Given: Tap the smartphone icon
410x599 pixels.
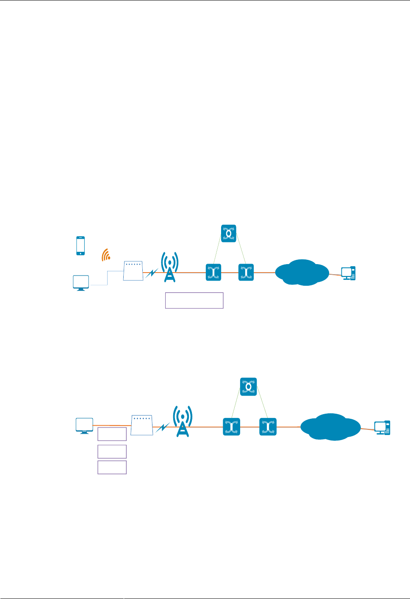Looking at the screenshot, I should [x=80, y=246].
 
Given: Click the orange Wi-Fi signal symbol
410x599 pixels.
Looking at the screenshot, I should [x=106, y=255].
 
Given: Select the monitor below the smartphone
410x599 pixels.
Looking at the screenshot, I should [x=81, y=283].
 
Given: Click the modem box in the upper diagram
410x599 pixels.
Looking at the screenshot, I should [x=133, y=271].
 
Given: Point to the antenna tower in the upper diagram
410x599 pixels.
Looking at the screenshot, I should [x=170, y=267].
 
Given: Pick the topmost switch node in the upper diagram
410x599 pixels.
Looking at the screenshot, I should [x=229, y=234].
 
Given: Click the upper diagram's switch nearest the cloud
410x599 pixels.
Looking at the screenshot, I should [x=246, y=272].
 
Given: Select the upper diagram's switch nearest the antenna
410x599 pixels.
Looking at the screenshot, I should [x=213, y=272].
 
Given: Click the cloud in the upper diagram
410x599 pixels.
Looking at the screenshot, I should [x=302, y=273].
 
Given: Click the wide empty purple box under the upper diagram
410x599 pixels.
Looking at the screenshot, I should [x=194, y=300].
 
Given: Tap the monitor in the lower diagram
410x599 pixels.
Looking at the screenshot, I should [x=84, y=426].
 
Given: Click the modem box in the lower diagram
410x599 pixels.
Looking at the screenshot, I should [x=142, y=425].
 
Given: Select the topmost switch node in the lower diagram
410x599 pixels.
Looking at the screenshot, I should [x=249, y=387].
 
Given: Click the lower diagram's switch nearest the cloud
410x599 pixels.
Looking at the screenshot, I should [x=268, y=427].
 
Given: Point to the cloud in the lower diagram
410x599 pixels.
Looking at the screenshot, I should [x=331, y=427].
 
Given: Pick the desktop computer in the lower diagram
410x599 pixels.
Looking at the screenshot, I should [x=382, y=428].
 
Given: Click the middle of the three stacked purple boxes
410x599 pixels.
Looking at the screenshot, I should [x=112, y=451].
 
